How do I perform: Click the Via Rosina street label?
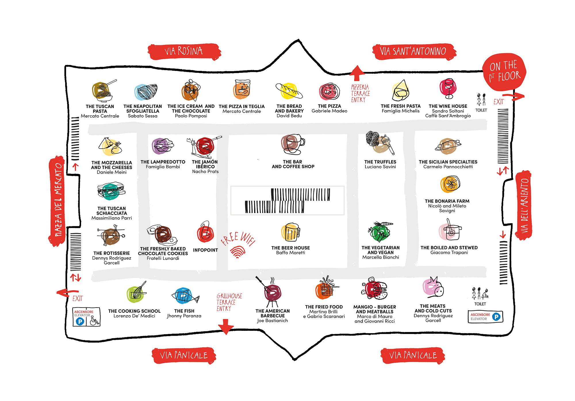pyautogui.click(x=184, y=51)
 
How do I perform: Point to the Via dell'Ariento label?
pyautogui.click(x=524, y=205)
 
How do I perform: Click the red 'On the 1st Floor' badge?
pyautogui.click(x=505, y=72)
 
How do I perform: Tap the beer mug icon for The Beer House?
pyautogui.click(x=290, y=232)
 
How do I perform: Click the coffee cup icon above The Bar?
pyautogui.click(x=293, y=144)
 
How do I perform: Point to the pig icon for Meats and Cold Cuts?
pyautogui.click(x=433, y=287)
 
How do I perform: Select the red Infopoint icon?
pyautogui.click(x=205, y=232)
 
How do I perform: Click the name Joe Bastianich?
pyautogui.click(x=273, y=321)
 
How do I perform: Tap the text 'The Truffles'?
pyautogui.click(x=380, y=162)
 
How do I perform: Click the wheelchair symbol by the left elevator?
pyautogui.click(x=95, y=321)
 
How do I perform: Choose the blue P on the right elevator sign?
pyautogui.click(x=496, y=317)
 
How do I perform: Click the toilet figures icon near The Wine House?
pyautogui.click(x=481, y=99)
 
